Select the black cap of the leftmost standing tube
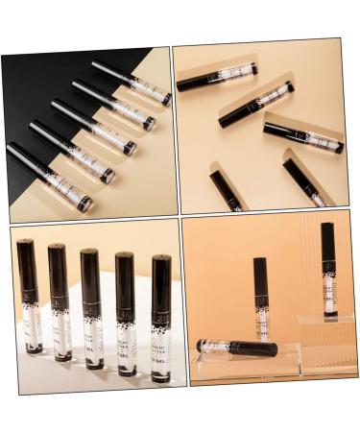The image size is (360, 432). [x=27, y=265]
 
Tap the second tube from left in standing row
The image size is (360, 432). [x=60, y=302]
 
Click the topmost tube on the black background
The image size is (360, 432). [x=132, y=83]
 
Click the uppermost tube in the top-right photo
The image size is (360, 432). [x=217, y=77]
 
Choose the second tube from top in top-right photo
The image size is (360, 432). [x=254, y=105]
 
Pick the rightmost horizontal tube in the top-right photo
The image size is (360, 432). [x=302, y=136]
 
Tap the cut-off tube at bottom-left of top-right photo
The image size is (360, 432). [x=226, y=191]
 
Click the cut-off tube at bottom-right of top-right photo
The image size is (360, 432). [x=304, y=182]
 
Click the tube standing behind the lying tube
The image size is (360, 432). [x=261, y=298]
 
